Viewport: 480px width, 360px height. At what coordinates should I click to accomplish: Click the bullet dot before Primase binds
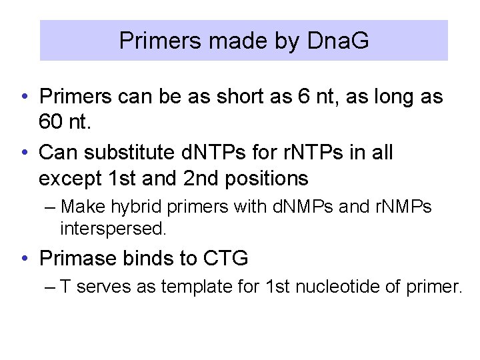[x=24, y=258]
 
